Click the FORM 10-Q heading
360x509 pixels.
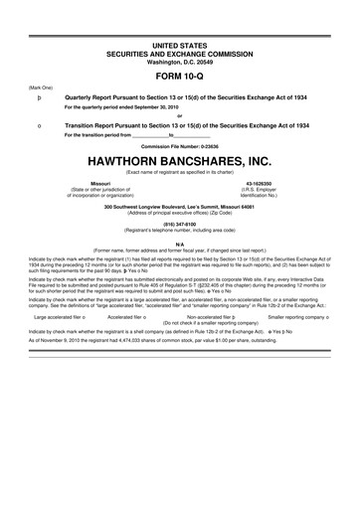tap(180, 74)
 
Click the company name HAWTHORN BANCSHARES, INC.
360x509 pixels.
tap(180, 187)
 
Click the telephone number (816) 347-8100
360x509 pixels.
tap(180, 253)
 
